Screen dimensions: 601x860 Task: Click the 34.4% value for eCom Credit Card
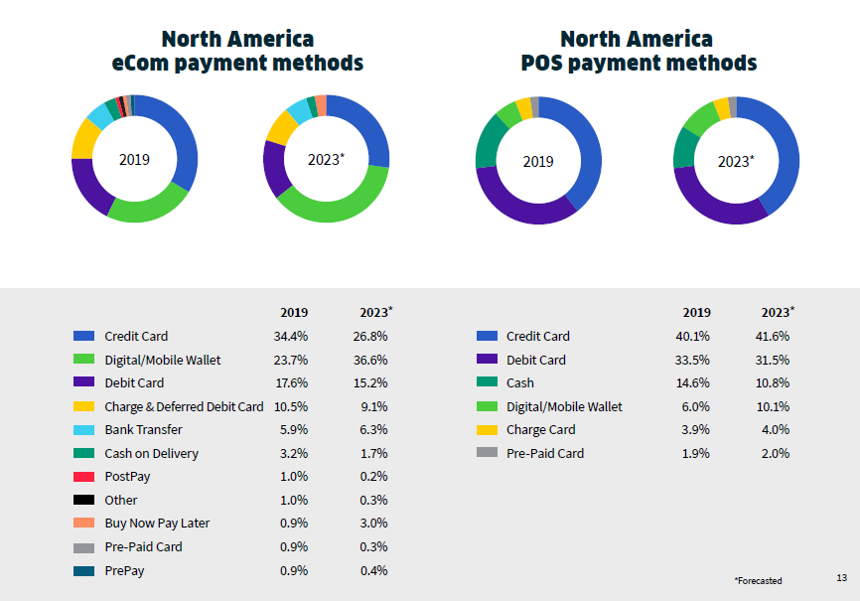point(290,336)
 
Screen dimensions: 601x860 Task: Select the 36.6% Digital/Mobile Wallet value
point(369,360)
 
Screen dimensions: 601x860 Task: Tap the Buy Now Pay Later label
point(157,524)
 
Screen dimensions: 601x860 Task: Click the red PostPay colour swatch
point(84,477)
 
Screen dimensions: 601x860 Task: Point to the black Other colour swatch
point(84,501)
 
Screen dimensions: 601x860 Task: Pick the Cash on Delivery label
point(151,453)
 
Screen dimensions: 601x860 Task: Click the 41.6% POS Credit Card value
point(773,336)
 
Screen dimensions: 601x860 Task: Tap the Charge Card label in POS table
point(540,430)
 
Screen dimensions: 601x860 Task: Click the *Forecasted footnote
point(758,580)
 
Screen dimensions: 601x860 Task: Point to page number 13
point(841,577)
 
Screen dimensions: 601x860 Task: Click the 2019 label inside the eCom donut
point(134,159)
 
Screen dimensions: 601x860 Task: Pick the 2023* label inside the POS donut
point(736,161)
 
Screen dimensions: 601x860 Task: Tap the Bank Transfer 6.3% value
point(369,430)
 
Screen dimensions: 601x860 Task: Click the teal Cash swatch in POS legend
point(487,383)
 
